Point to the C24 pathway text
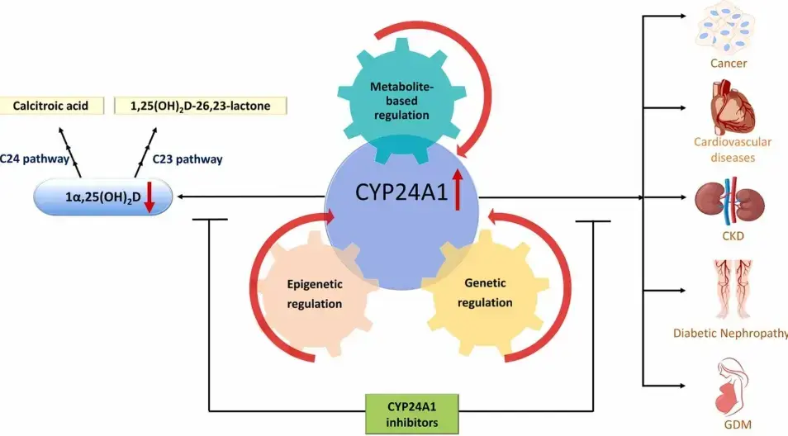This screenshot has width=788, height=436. (32, 158)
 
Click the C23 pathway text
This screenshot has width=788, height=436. (188, 158)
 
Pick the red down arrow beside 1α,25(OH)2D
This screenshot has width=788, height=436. (150, 199)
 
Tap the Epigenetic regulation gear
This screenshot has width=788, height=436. (314, 293)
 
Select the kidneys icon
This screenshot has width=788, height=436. (728, 201)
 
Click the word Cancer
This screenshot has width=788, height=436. (729, 63)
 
